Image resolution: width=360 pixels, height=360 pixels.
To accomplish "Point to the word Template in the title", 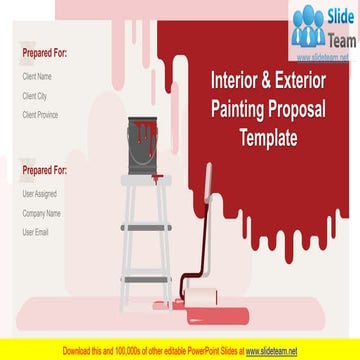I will coord(267,139).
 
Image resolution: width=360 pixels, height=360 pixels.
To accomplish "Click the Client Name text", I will coord(37,76).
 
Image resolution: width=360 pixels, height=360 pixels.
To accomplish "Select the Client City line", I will coord(35,95).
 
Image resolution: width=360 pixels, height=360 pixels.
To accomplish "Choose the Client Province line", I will coord(41,115).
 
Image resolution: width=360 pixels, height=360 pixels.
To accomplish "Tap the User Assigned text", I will coord(40,193).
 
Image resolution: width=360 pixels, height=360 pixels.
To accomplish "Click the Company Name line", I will coord(41,212).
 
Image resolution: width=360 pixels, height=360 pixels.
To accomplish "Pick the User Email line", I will coord(36,232).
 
